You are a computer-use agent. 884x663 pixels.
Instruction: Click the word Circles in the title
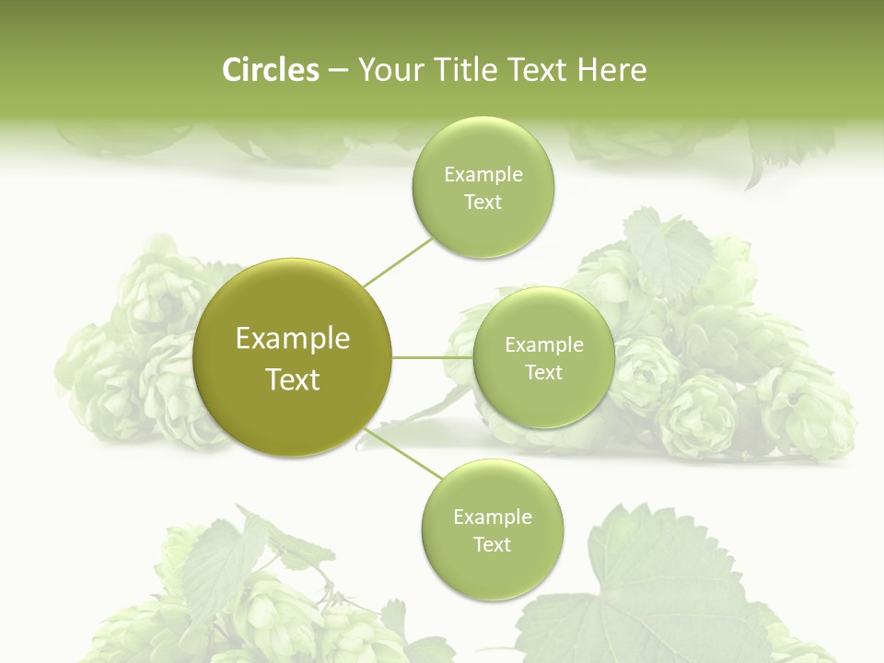pyautogui.click(x=271, y=70)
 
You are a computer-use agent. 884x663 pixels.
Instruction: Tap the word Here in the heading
pyautogui.click(x=612, y=70)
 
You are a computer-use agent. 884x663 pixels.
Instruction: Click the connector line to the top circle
pyautogui.click(x=398, y=262)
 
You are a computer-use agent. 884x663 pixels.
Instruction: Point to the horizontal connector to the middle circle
pyautogui.click(x=432, y=357)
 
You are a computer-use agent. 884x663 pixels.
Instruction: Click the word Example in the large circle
pyautogui.click(x=293, y=339)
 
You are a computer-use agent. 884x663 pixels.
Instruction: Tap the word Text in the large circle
pyautogui.click(x=293, y=379)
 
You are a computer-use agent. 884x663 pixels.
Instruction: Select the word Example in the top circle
pyautogui.click(x=483, y=175)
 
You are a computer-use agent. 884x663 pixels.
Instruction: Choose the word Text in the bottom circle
pyautogui.click(x=493, y=544)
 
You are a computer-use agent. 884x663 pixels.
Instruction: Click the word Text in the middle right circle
pyautogui.click(x=544, y=372)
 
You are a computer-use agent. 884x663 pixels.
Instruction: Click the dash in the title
pyautogui.click(x=338, y=70)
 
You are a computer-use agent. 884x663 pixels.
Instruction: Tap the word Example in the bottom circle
pyautogui.click(x=493, y=518)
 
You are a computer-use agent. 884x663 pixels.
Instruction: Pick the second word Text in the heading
pyautogui.click(x=538, y=70)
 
